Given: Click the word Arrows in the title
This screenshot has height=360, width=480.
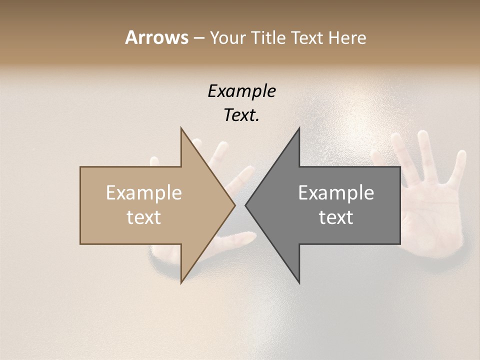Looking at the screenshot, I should click(156, 37).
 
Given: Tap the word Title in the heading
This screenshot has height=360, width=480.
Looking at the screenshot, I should click(269, 38).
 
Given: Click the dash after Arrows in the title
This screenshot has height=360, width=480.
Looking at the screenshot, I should click(199, 38).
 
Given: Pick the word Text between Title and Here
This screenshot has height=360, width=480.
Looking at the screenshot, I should click(307, 38).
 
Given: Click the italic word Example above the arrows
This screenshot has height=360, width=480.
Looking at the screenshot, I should click(241, 91).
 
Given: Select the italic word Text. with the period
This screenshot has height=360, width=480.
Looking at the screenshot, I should click(241, 115).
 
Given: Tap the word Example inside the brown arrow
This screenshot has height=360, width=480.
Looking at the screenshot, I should click(144, 192).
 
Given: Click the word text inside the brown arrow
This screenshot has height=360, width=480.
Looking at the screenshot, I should click(144, 217).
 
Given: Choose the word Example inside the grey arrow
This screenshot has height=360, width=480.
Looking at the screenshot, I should click(336, 192).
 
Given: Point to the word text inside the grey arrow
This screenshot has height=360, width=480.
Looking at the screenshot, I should click(336, 217).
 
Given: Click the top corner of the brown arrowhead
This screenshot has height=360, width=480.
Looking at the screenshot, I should click(181, 128).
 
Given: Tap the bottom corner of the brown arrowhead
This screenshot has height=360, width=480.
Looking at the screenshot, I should click(181, 282).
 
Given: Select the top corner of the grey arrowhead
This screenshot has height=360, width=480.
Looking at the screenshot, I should click(299, 128).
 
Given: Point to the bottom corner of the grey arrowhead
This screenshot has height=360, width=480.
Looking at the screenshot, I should click(299, 282).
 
